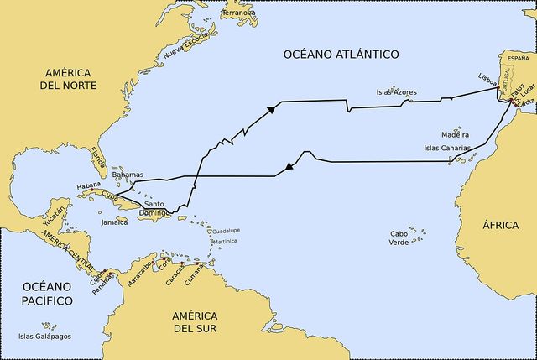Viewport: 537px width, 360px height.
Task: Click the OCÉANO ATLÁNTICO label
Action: click(341, 55)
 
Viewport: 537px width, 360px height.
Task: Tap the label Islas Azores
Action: click(396, 92)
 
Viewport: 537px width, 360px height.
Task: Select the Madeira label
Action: click(454, 134)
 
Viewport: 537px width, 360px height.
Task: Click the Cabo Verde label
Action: click(405, 237)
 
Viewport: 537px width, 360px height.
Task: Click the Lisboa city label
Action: click(487, 76)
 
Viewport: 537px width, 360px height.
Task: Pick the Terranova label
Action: click(238, 13)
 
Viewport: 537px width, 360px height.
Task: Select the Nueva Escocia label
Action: click(184, 44)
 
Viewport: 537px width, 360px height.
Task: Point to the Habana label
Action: click(88, 185)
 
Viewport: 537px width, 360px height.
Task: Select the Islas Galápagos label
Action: click(44, 337)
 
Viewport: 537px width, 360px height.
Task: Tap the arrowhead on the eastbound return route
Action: click(271, 109)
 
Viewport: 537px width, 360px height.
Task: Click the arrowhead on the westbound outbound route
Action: click(289, 167)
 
